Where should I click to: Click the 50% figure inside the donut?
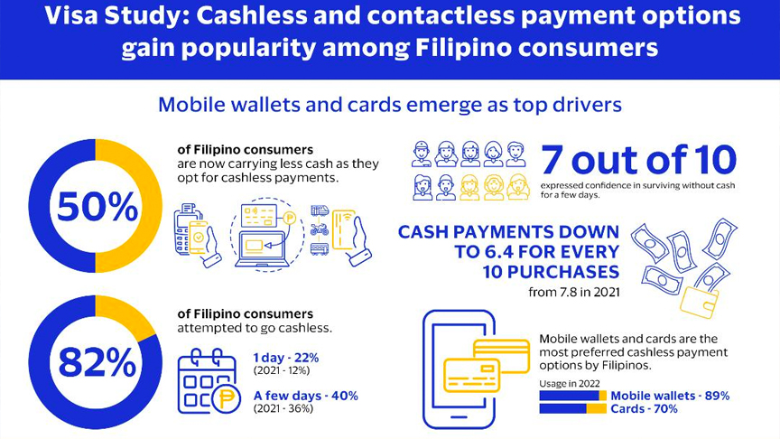point(97,207)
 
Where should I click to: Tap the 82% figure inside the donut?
point(97,362)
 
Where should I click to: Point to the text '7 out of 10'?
point(639,160)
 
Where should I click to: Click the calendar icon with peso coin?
point(209,382)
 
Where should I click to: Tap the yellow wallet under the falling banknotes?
point(699,302)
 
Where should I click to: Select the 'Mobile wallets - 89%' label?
point(670,396)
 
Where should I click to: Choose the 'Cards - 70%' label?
point(644,408)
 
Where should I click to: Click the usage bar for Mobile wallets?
point(573,396)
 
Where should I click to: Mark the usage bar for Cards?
point(573,408)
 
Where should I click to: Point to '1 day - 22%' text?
point(285,358)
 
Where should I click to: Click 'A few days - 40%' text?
point(305,396)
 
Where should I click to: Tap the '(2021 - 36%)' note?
point(283,408)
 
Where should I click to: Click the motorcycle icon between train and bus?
point(320,229)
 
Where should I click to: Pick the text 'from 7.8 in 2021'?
point(574,292)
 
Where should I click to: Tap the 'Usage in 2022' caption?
point(570,383)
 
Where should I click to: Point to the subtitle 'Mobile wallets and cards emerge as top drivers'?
point(390,105)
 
